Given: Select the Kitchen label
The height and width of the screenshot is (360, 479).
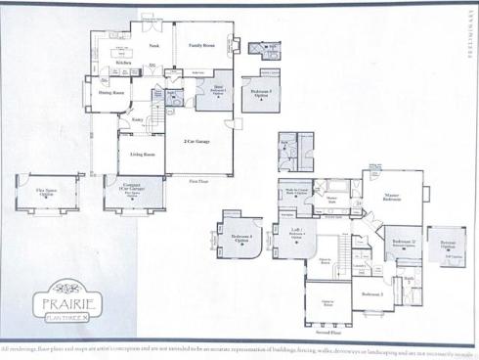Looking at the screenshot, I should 124,63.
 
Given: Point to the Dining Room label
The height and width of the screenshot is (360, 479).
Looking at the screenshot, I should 110,94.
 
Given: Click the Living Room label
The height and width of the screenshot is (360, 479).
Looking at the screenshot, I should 144,155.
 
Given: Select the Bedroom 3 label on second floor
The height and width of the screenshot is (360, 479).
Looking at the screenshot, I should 371,293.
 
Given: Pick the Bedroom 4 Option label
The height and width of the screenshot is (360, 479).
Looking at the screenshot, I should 240,237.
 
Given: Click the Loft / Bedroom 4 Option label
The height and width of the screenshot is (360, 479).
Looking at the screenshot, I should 297,233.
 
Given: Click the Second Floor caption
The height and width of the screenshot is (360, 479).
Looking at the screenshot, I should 327,332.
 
